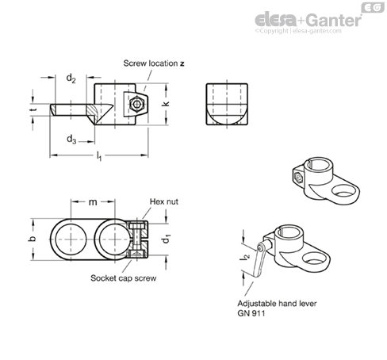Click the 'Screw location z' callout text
point(154,63)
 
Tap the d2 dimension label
point(71,79)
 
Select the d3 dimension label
point(71,140)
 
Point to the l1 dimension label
point(99,155)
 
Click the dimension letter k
point(166,104)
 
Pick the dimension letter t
point(33,109)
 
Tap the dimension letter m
point(93,202)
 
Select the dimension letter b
point(32,239)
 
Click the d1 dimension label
point(167,239)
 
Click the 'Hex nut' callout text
point(164,201)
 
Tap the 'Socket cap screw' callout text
point(123,278)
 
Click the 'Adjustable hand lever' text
point(277,304)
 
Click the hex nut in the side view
point(136,104)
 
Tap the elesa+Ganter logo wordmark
point(308,20)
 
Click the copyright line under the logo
point(298,31)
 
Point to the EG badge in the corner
point(373,7)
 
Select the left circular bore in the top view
point(71,239)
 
